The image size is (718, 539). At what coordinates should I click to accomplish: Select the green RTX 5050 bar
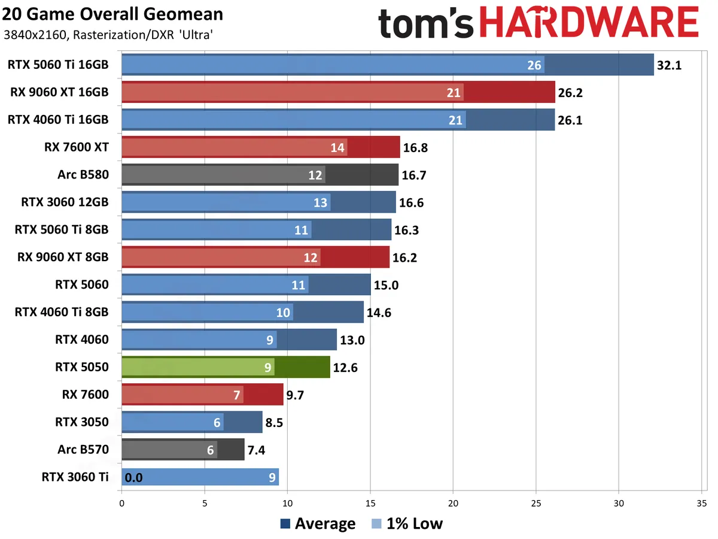point(226,367)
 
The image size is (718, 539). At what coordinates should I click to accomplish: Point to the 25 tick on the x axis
point(536,504)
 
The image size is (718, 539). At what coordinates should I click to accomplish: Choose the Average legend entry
point(318,524)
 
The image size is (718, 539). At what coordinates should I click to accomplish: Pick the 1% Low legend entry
point(406,524)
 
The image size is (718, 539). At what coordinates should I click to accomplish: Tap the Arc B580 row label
point(83,174)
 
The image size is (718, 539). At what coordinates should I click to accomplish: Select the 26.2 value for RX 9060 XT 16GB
point(571,92)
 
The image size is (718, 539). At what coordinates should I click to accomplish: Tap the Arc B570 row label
point(83,449)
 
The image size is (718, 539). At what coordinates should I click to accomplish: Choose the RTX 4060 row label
point(82,340)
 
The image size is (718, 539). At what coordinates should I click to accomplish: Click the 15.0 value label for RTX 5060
point(385,284)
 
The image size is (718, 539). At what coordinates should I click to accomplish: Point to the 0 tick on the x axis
point(122,504)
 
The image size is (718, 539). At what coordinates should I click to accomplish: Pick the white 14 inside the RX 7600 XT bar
point(338,147)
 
